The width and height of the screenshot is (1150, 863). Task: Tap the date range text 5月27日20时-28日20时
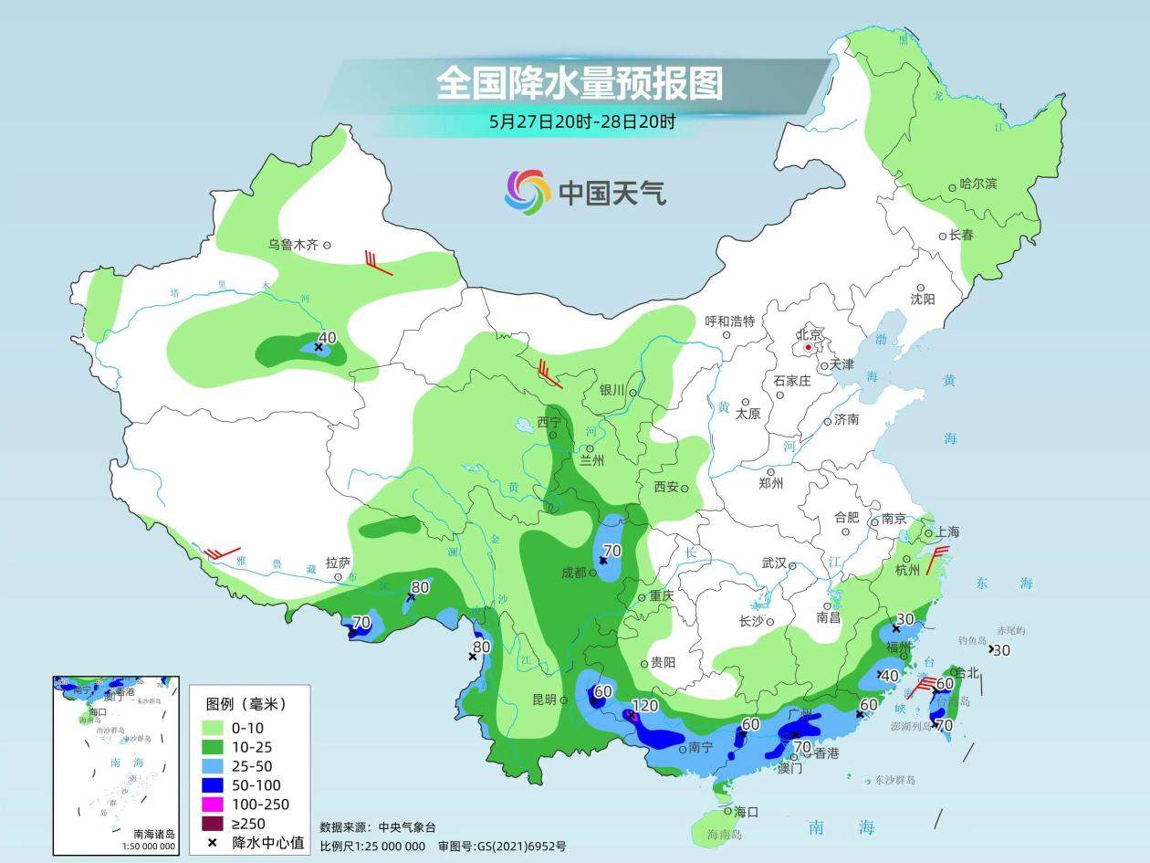(x=582, y=121)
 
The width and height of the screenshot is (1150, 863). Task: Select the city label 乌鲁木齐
(x=292, y=245)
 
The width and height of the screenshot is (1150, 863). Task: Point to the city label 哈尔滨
(x=978, y=184)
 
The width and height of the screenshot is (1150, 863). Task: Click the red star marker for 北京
(x=808, y=347)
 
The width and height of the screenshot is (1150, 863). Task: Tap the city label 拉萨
(x=338, y=563)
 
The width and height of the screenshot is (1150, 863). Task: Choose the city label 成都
(x=574, y=573)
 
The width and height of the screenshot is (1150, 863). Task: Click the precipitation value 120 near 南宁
(x=644, y=706)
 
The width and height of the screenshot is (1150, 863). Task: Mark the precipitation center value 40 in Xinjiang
(x=328, y=337)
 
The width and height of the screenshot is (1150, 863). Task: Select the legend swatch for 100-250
(x=213, y=804)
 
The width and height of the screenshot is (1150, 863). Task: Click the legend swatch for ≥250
(x=213, y=823)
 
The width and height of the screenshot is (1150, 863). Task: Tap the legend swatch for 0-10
(x=213, y=727)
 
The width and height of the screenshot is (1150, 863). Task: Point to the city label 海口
(x=747, y=811)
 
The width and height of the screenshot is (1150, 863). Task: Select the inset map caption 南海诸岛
(x=153, y=833)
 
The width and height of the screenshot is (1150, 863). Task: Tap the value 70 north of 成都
(x=612, y=551)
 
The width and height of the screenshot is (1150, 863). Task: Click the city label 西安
(x=666, y=487)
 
